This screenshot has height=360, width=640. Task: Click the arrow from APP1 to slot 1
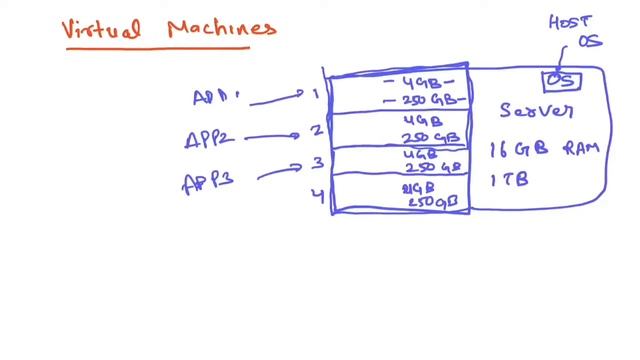click(270, 98)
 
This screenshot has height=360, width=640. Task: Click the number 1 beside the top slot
click(314, 95)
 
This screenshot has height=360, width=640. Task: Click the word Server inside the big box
click(536, 109)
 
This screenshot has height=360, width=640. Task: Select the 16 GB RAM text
click(543, 150)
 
